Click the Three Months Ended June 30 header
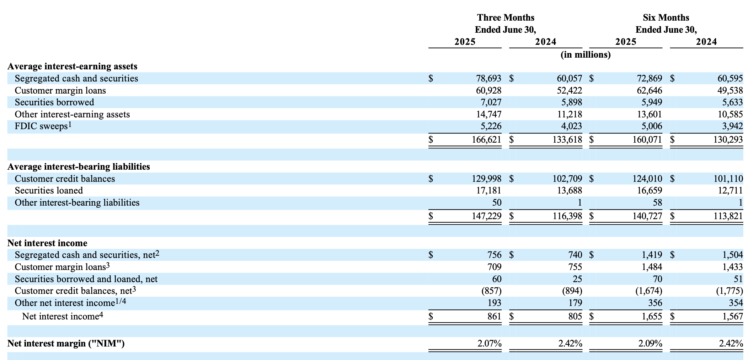(505, 23)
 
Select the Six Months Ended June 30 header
(666, 23)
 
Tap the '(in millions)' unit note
(586, 55)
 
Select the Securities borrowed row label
(54, 102)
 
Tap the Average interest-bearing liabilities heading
(79, 166)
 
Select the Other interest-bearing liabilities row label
(77, 203)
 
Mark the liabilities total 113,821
(728, 216)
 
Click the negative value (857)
(491, 291)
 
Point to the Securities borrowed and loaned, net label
(86, 279)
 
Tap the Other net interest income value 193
(495, 303)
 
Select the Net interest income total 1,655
(652, 316)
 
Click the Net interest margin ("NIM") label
(66, 344)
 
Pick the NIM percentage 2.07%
(489, 344)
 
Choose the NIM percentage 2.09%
(650, 344)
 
